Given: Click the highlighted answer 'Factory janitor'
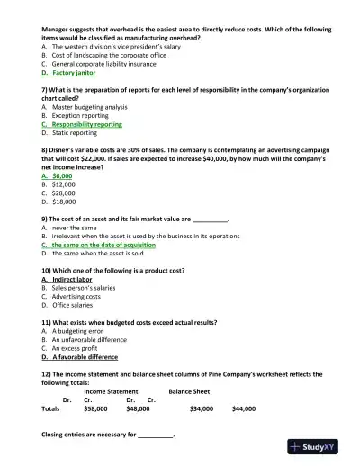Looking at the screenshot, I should (x=75, y=74).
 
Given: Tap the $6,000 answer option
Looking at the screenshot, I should (x=62, y=176).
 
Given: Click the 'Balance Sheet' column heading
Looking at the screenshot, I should (x=189, y=391).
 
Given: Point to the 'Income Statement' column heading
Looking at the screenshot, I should (x=111, y=391).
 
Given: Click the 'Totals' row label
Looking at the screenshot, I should (x=51, y=408).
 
